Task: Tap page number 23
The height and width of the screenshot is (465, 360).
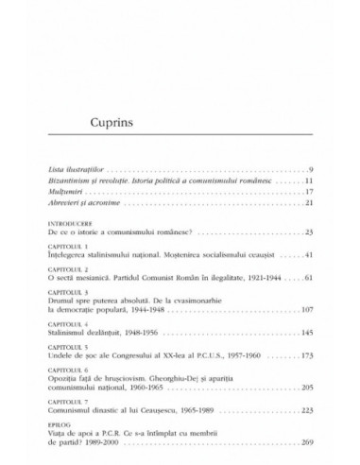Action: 296,204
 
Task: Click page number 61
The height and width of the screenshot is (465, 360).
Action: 296,253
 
